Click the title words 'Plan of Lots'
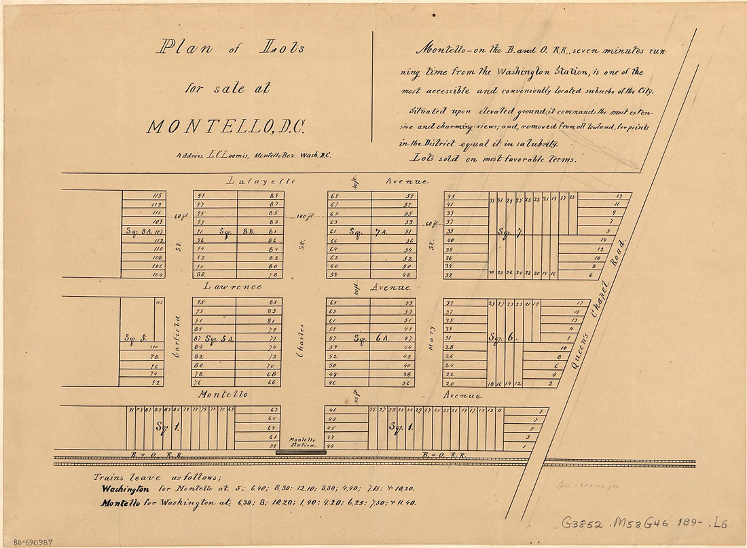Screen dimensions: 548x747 pyautogui.click(x=232, y=48)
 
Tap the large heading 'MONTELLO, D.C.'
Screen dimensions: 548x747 pyautogui.click(x=227, y=126)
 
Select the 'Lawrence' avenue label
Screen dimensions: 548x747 pyautogui.click(x=231, y=287)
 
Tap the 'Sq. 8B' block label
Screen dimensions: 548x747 pyautogui.click(x=223, y=231)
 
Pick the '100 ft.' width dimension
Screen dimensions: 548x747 pyautogui.click(x=303, y=217)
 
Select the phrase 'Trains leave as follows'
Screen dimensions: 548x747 pyautogui.click(x=143, y=477)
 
